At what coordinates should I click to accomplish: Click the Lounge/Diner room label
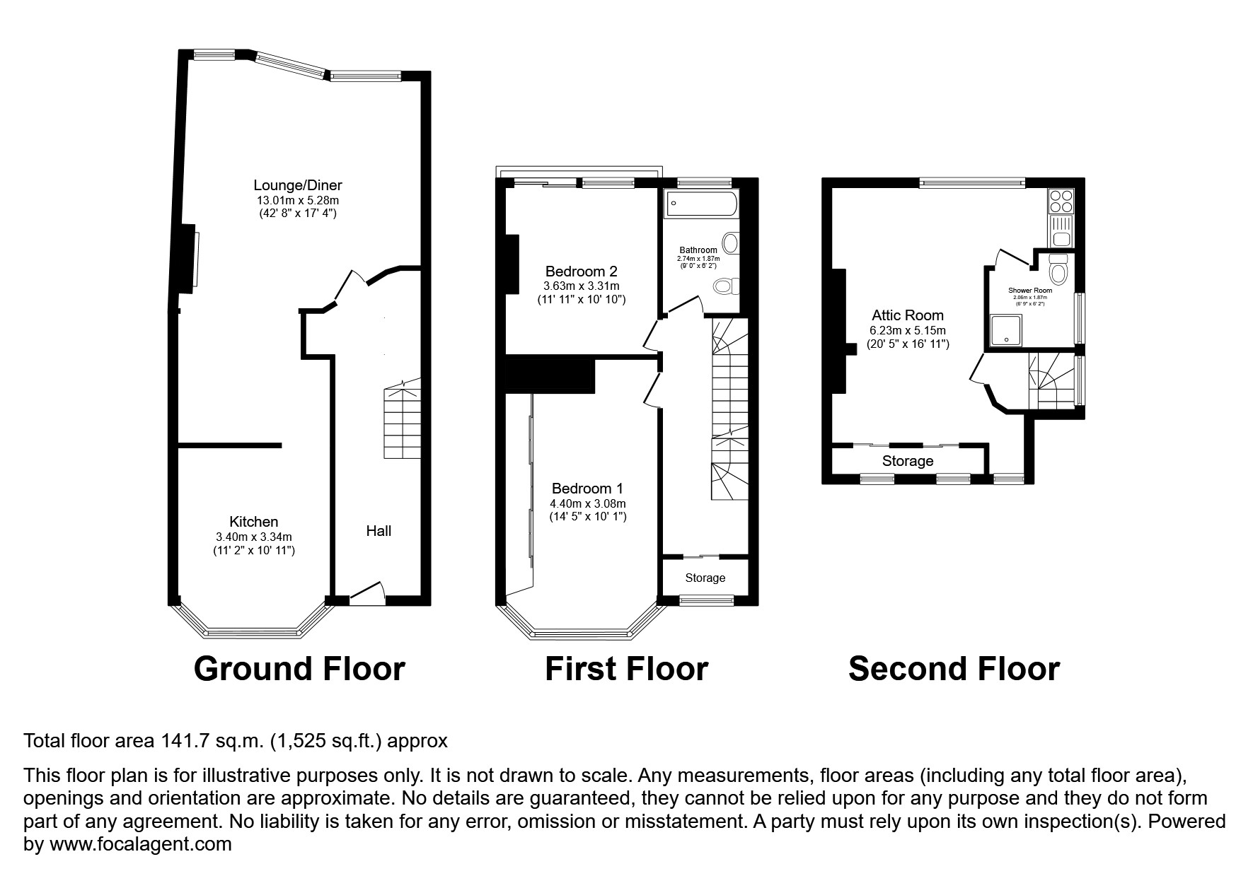coord(298,185)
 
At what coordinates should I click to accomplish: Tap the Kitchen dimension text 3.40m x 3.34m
coord(253,537)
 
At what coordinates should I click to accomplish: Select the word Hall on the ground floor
coord(379,531)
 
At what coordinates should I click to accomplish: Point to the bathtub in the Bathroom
coord(701,204)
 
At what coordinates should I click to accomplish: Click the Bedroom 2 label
coord(581,271)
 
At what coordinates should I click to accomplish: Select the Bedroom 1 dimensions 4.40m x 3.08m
coord(587,503)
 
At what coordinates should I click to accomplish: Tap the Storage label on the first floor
coord(705,578)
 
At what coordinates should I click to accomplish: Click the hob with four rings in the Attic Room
coord(1061,202)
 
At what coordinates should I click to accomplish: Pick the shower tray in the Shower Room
coord(1006,332)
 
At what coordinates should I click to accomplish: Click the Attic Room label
coord(907,315)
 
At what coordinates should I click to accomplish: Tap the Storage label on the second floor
coord(907,461)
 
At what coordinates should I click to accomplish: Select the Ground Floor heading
coord(299,669)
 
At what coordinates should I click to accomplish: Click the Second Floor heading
coord(953,669)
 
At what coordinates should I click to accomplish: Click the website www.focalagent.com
coord(140,844)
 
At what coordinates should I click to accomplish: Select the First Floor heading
coord(625,669)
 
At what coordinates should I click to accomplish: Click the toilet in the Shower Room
coord(1058,271)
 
